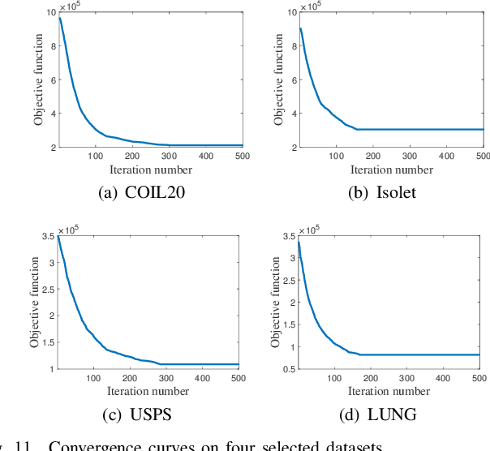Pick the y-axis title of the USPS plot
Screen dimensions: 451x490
(x=36, y=302)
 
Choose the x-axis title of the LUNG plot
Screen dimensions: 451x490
(x=390, y=392)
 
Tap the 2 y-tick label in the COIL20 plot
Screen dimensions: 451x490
(x=53, y=147)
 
